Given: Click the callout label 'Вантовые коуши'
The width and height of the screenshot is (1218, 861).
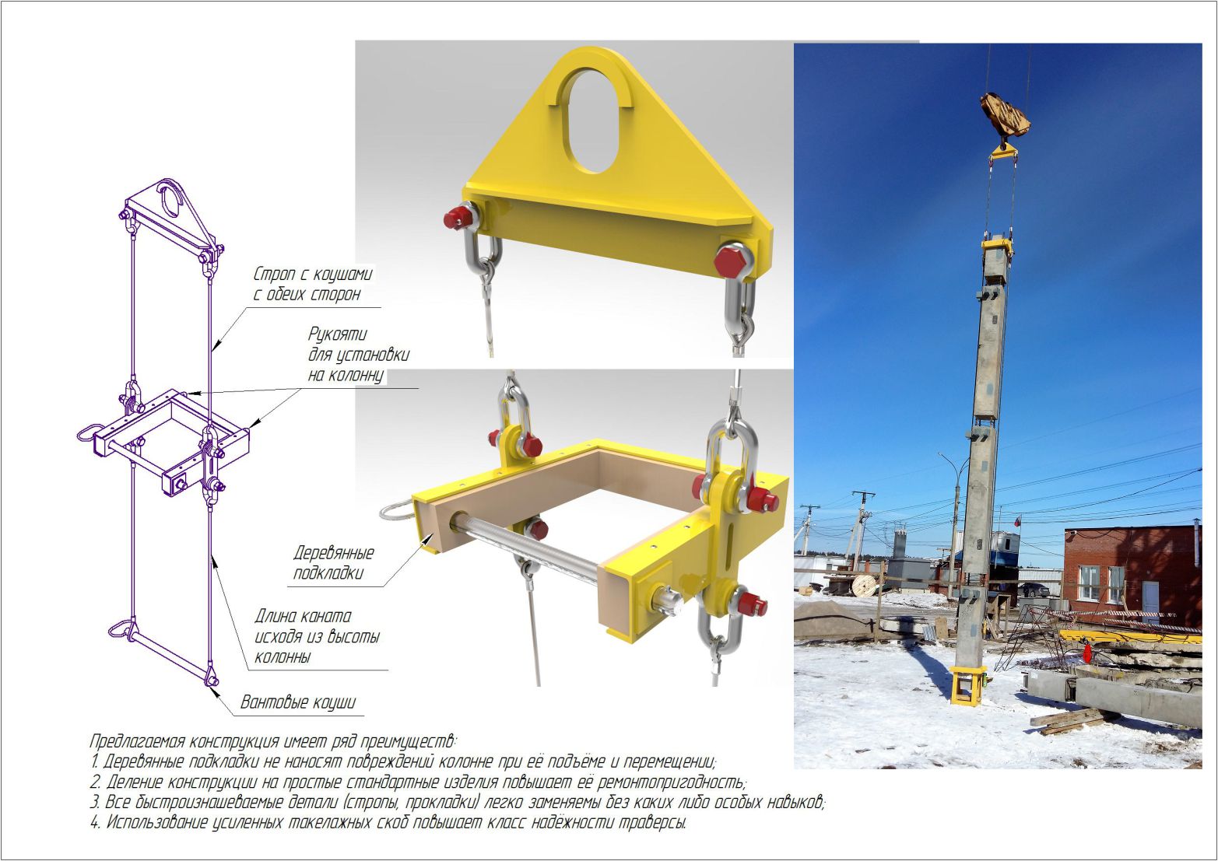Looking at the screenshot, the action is pos(298,702).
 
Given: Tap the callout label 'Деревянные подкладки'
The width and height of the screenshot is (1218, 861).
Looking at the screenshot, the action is pos(333,562).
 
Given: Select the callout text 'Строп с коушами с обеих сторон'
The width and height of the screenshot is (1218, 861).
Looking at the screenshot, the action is pos(313,284).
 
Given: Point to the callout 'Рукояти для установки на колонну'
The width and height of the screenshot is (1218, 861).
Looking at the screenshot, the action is pos(358,355).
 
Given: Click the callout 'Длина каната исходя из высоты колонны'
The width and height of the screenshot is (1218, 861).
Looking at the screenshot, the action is pos(317,636).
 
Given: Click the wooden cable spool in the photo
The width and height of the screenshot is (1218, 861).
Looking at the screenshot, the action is pos(864,586).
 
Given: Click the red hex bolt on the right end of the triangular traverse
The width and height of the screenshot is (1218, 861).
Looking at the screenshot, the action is pos(729,261).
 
